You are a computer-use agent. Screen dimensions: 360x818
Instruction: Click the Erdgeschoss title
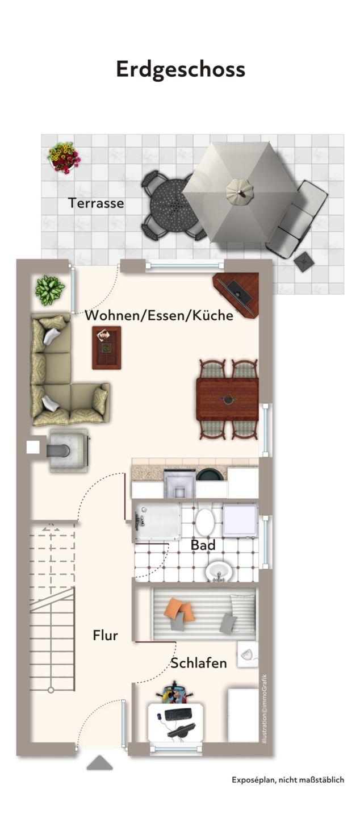point(180,70)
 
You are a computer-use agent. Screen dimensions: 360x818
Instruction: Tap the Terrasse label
point(96,203)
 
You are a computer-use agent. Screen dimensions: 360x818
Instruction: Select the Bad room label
point(203,545)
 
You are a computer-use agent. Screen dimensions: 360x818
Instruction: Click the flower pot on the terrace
point(64,157)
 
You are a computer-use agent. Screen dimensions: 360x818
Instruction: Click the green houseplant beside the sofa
point(50,290)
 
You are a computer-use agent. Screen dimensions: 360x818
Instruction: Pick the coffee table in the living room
point(106,348)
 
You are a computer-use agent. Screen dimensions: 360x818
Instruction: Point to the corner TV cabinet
point(237,294)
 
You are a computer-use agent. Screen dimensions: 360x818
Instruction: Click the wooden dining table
point(227,399)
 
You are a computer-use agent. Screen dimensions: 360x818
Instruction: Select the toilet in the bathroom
point(204,521)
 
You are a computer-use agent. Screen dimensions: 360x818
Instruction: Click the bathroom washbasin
point(219,571)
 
